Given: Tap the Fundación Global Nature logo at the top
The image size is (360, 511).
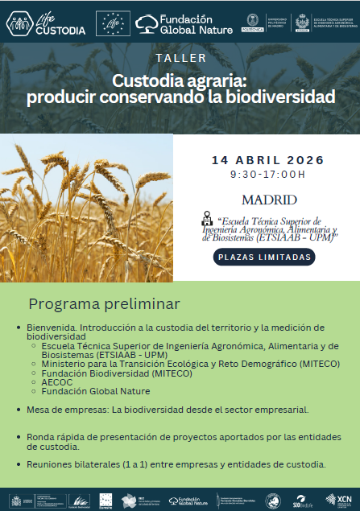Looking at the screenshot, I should pos(184,24).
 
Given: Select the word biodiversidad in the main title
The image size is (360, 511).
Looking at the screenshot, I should pos(268,98).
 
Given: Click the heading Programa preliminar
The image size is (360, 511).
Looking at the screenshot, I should pos(104,304).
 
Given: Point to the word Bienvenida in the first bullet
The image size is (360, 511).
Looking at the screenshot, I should pos(51,328).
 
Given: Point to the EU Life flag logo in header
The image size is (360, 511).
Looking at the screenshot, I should pos(111,23).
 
